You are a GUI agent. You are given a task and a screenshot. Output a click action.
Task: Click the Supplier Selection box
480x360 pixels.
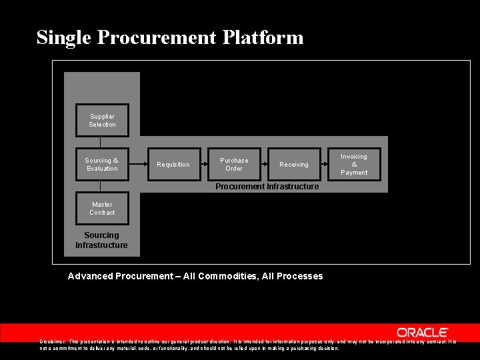tap(102, 121)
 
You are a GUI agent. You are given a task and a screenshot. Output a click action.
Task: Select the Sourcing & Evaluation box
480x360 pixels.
tap(102, 165)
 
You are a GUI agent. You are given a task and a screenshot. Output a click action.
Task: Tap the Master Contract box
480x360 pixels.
tap(102, 209)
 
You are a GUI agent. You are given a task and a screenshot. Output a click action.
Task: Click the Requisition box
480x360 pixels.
tap(173, 165)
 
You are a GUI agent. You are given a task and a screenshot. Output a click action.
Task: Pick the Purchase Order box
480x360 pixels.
tap(234, 165)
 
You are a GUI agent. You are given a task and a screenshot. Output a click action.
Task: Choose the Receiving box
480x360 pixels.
tap(294, 165)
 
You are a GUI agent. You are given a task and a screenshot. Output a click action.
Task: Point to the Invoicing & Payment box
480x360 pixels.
tap(354, 165)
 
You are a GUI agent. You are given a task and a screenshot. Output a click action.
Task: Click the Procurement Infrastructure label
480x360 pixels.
tap(267, 187)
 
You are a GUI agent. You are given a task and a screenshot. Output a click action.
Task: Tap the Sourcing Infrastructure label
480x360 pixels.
tap(101, 240)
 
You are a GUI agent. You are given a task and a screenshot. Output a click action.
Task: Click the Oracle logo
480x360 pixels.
tap(423, 332)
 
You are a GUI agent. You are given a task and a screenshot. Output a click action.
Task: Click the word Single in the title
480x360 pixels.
tap(64, 37)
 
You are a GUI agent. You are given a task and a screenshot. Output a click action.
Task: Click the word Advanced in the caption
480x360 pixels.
tap(90, 276)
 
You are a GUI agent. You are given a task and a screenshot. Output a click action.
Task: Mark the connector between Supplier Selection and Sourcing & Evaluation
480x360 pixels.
tap(101, 142)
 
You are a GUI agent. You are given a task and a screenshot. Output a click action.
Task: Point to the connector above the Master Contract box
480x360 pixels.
tap(101, 187)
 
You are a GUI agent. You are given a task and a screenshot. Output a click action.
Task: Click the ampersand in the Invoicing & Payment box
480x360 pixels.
tap(354, 165)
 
